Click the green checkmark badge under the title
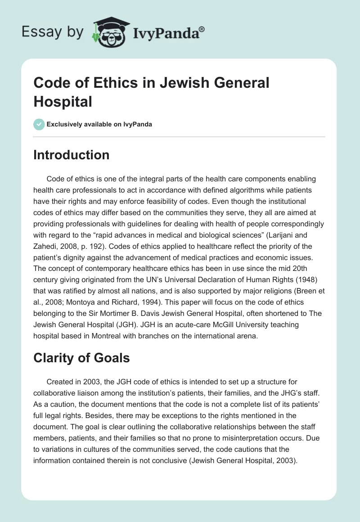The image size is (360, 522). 39,124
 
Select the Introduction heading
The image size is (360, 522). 72,155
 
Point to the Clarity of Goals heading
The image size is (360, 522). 81,358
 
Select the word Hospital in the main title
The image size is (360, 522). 63,101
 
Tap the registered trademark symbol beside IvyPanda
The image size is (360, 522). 202,28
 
